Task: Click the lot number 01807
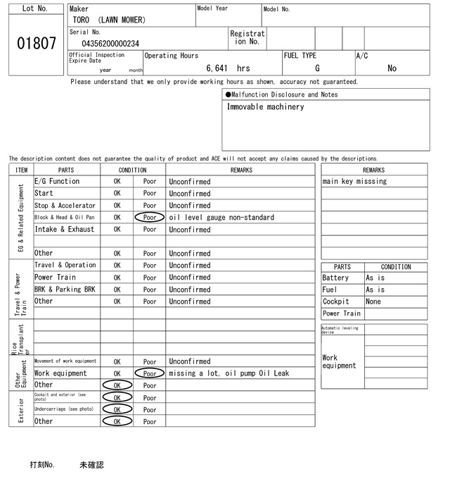36,43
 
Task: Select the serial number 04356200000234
110,44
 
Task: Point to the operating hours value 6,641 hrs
228,68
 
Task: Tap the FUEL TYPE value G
317,68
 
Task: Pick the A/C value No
392,68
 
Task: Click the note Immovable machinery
265,107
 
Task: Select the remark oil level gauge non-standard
221,218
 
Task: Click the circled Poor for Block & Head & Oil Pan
150,218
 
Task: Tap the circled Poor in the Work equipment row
150,373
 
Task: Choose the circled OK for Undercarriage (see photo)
117,409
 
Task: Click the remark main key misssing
354,182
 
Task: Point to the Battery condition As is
375,278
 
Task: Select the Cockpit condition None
373,301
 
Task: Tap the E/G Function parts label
57,182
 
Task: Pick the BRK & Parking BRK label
65,290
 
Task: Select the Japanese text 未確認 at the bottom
91,465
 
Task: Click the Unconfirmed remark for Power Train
189,278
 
